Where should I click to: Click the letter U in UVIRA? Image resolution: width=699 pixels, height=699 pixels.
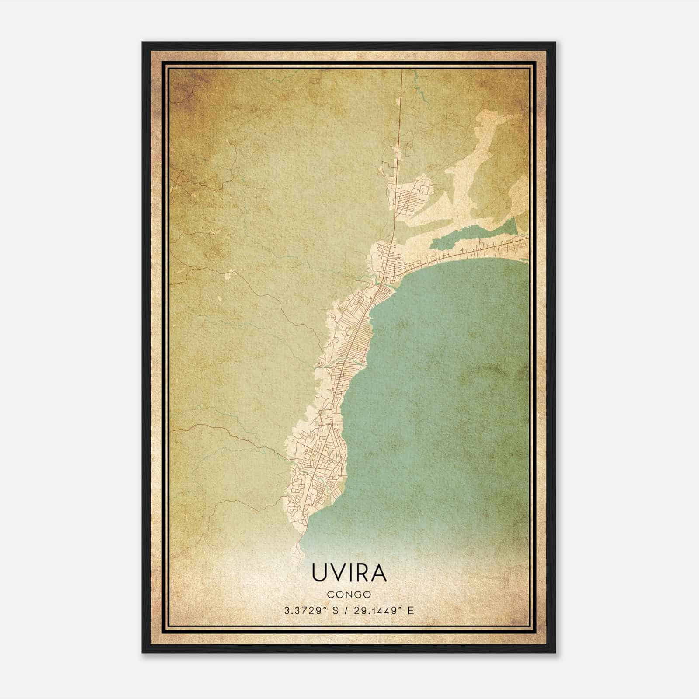pos(320,573)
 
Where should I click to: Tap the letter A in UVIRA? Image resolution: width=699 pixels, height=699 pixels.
pos(378,573)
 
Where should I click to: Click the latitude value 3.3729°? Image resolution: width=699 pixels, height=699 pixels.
pos(304,611)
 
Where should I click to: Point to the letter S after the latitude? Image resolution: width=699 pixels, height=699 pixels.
pos(335,611)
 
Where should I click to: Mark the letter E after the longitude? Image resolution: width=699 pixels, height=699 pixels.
pos(410,611)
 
